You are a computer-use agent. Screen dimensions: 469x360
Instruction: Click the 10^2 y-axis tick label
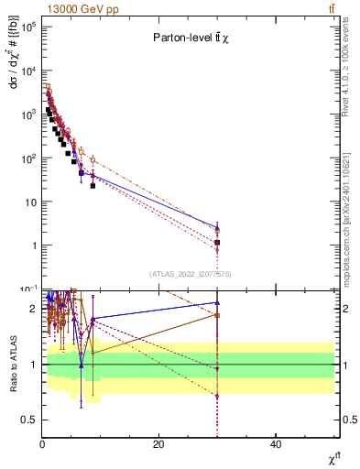click(28, 158)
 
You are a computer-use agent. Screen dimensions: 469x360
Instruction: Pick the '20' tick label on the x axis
click(158, 444)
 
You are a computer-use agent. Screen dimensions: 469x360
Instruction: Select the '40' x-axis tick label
click(276, 444)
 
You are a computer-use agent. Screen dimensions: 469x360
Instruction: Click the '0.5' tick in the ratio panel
click(27, 420)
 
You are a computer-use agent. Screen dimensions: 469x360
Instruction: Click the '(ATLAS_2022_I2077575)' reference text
click(191, 274)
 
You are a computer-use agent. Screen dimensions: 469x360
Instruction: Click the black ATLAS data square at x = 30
click(217, 243)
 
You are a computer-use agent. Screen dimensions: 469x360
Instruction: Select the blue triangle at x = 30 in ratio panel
click(217, 302)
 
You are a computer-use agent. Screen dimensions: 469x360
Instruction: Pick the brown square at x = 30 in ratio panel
click(217, 315)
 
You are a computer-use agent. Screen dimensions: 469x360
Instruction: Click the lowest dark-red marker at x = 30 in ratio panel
click(217, 396)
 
